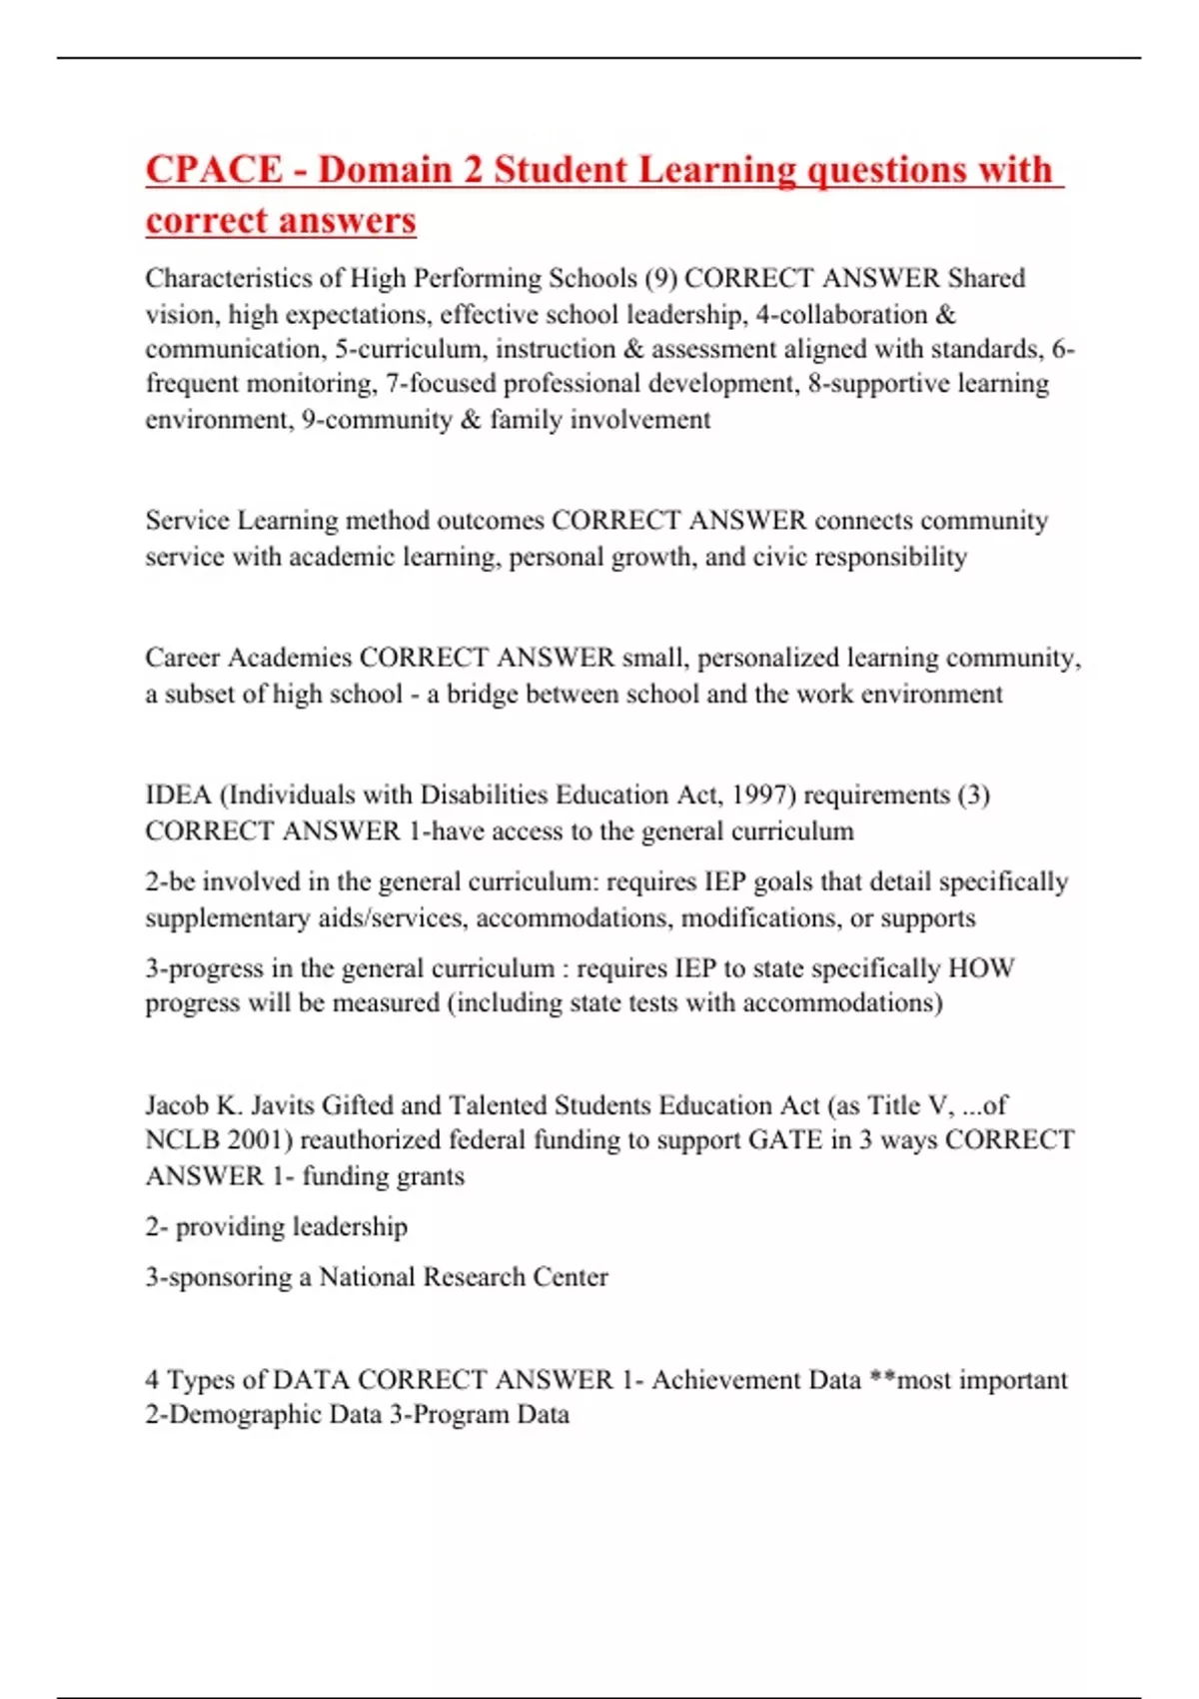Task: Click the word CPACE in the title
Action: pos(214,170)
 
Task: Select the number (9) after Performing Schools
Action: pos(660,278)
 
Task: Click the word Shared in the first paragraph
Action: pos(986,278)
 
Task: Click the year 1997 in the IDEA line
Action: pos(759,796)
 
